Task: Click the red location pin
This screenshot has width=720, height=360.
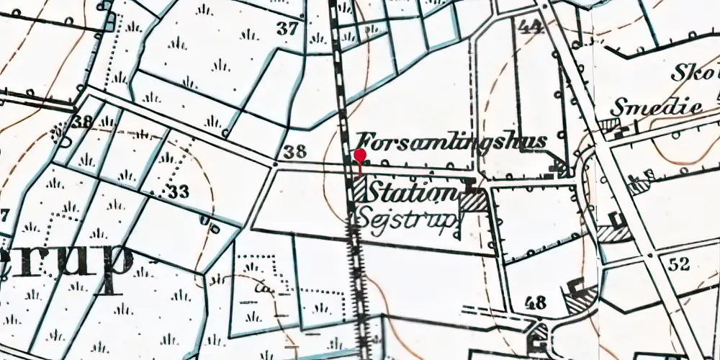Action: pos(360,157)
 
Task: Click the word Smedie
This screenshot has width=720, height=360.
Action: pos(656,109)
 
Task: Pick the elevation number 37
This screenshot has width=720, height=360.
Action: pos(288,30)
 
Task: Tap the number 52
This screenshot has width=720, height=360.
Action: pos(678,264)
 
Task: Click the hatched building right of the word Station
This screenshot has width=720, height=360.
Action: pos(473,201)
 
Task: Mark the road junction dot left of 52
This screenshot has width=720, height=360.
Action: pos(649,255)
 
